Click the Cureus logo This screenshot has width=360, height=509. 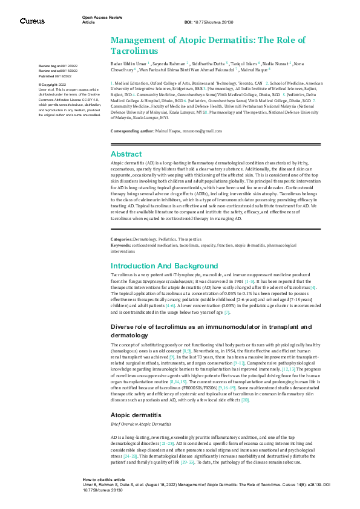[x=32, y=21]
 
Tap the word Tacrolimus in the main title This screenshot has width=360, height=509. [x=134, y=51]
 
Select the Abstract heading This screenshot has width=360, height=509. [x=126, y=154]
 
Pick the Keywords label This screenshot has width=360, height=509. [x=121, y=245]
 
